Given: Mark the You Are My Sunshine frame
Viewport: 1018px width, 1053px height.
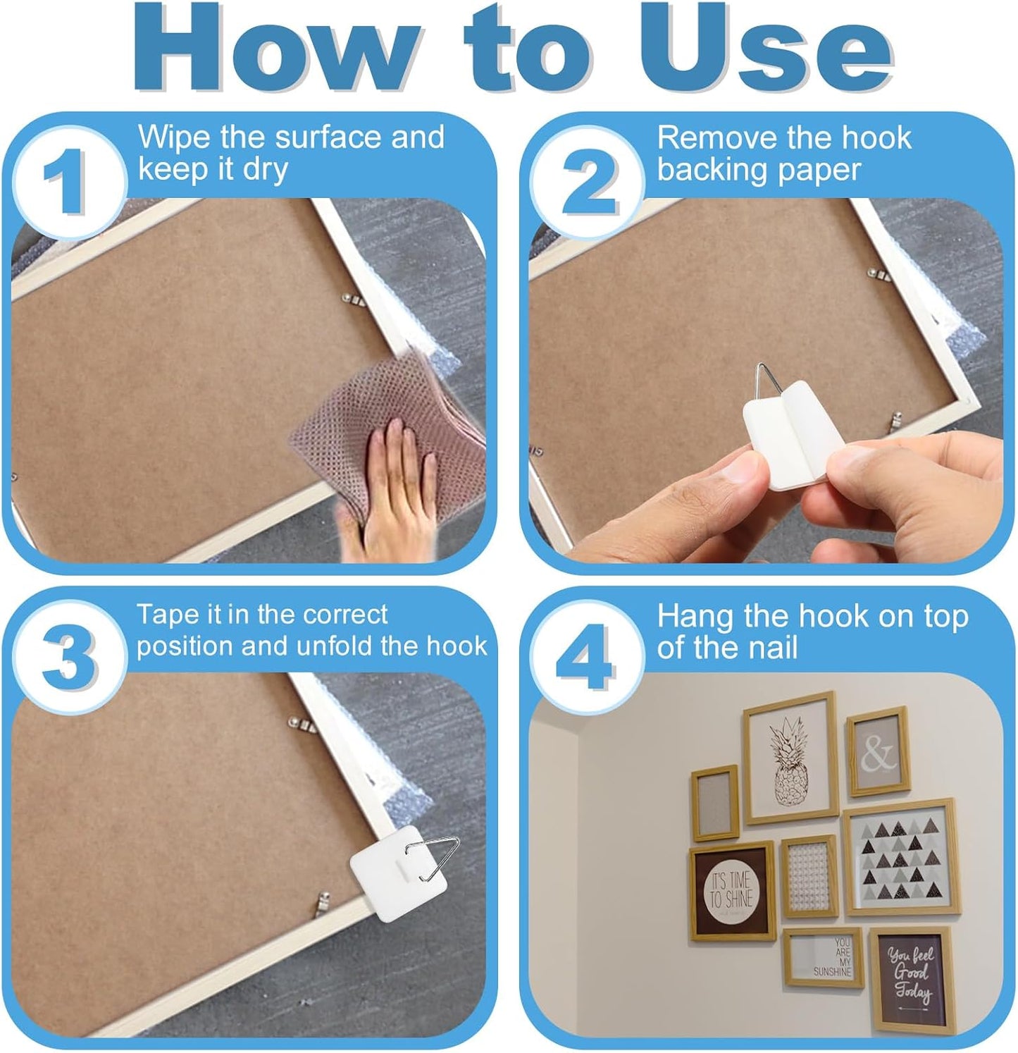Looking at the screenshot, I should point(823,957).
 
